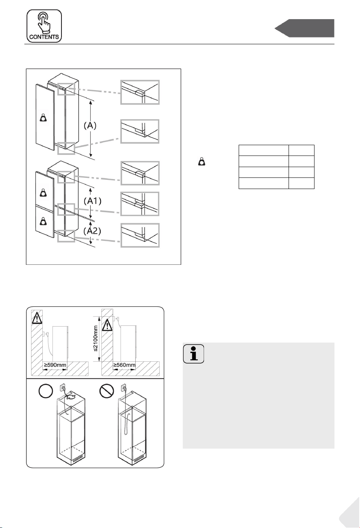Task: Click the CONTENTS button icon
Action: [x=44, y=26]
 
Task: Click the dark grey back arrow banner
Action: [x=305, y=28]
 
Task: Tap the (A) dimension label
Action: [x=90, y=126]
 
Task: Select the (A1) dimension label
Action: [x=93, y=201]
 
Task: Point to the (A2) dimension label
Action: [x=92, y=231]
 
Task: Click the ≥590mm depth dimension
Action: [x=55, y=365]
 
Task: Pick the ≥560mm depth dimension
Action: [x=125, y=365]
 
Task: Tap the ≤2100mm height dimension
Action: [x=95, y=339]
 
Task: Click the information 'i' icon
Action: [x=194, y=354]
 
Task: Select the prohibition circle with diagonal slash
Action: [x=107, y=391]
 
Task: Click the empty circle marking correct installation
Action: [x=45, y=391]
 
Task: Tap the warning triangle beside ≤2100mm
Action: [x=107, y=325]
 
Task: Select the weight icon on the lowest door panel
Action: [x=44, y=221]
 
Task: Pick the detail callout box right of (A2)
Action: [x=140, y=235]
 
